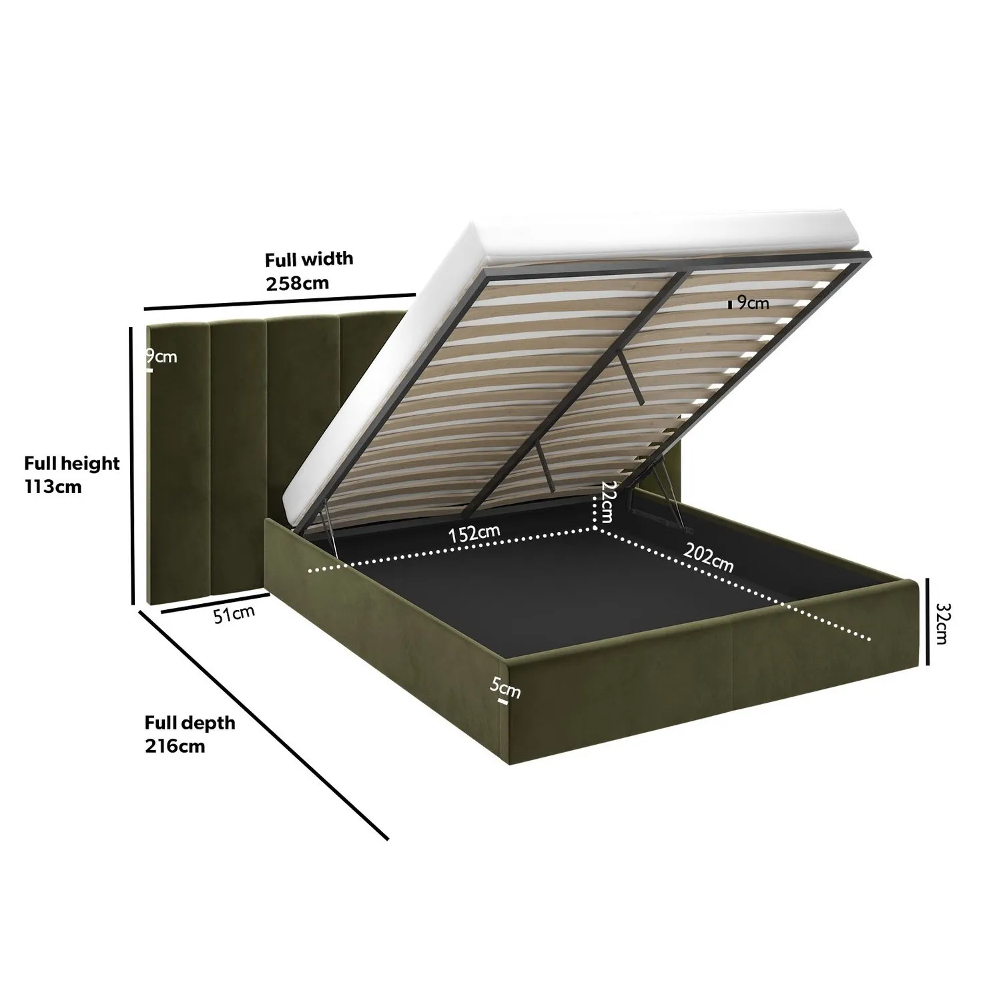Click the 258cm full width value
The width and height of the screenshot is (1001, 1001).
pos(298,283)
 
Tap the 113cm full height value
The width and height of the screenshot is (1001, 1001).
pos(53,486)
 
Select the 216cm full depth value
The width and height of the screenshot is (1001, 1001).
pos(175,745)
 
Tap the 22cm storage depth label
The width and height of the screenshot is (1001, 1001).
pos(607,501)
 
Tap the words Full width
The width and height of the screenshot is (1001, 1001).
pos(309,259)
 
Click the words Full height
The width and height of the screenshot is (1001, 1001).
pos(72,463)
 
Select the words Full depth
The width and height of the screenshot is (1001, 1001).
pos(190,723)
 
